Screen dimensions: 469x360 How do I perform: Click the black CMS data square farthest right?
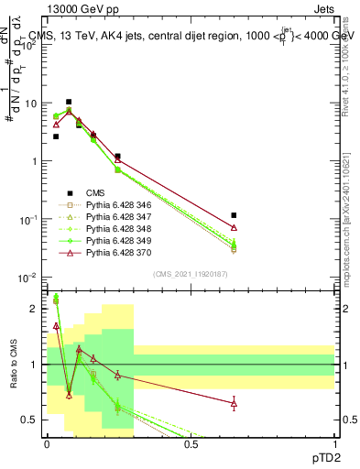[235, 215]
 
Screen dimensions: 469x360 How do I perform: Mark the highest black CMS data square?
[69, 102]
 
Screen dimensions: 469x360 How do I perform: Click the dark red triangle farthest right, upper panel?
[235, 227]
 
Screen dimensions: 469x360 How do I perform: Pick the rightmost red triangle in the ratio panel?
[235, 403]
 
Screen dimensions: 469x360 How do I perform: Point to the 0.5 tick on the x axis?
[191, 445]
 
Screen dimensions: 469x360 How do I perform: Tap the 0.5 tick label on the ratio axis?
[29, 420]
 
